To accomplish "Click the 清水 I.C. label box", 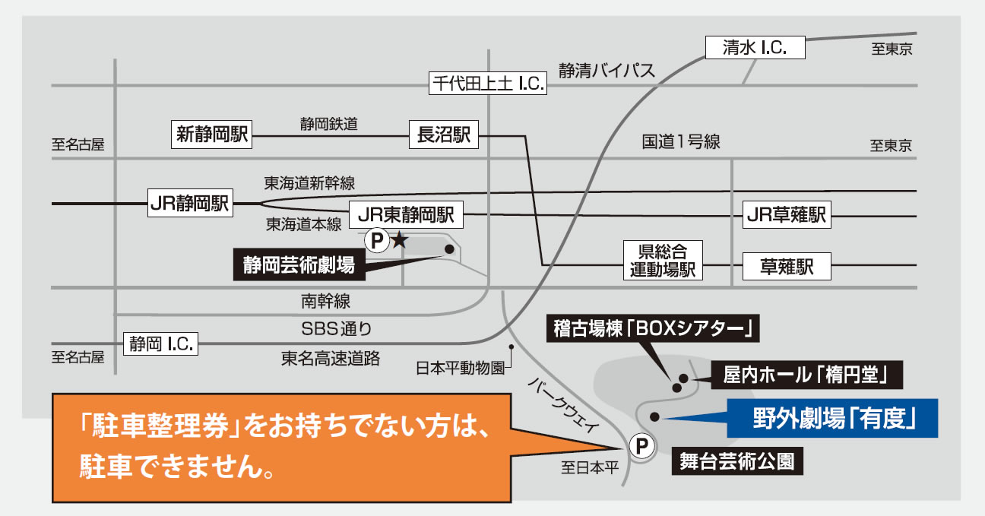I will pos(755,49).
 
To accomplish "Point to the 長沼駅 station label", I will pos(444,135).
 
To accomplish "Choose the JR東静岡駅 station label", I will pos(405,215).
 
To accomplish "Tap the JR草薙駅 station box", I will pos(786,215).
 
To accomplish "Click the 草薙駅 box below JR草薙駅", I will pos(786,267).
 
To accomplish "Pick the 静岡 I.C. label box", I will pos(160,343).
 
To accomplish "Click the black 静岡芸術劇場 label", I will pos(298,264).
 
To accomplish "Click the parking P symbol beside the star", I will pos(376,241).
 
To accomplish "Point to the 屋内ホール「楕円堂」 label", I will pos(806,375).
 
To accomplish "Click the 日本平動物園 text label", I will pos(460,369).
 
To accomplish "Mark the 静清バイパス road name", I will pos(606,71).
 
